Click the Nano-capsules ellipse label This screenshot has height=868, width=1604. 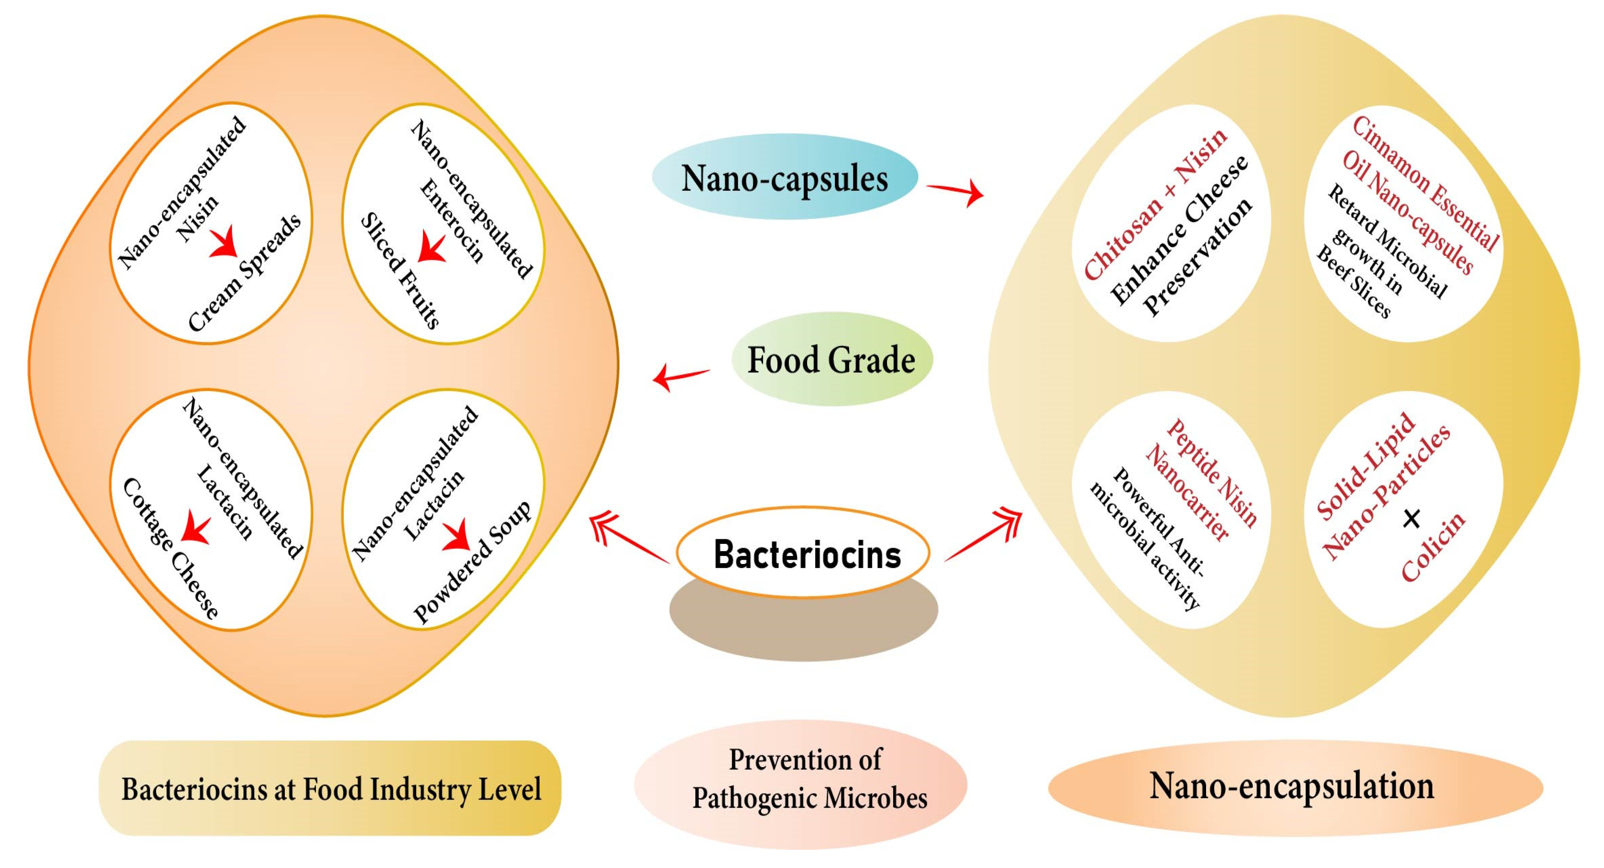tap(785, 177)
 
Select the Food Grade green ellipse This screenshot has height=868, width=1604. tap(831, 359)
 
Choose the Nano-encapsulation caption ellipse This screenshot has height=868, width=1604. tap(1295, 786)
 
